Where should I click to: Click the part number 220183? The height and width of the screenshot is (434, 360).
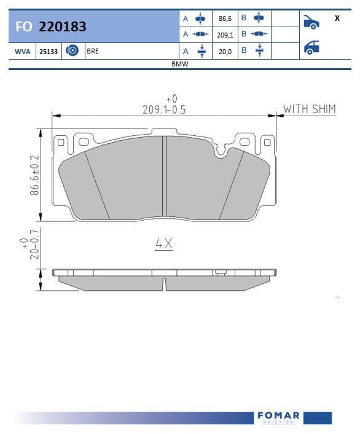(x=63, y=26)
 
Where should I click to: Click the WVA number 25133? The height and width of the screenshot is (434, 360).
(x=49, y=52)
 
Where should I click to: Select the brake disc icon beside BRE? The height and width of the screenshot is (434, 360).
(x=72, y=50)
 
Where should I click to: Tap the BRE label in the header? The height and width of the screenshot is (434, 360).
(x=93, y=51)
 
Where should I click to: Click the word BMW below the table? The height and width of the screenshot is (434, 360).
(x=180, y=64)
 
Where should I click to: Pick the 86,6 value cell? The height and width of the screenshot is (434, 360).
(x=225, y=18)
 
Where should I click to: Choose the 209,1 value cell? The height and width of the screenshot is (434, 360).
(x=225, y=35)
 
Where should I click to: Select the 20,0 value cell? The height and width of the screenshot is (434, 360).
(x=225, y=52)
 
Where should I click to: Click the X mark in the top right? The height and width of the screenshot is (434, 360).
(x=337, y=18)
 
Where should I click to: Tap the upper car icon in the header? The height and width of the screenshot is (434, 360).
(x=311, y=22)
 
